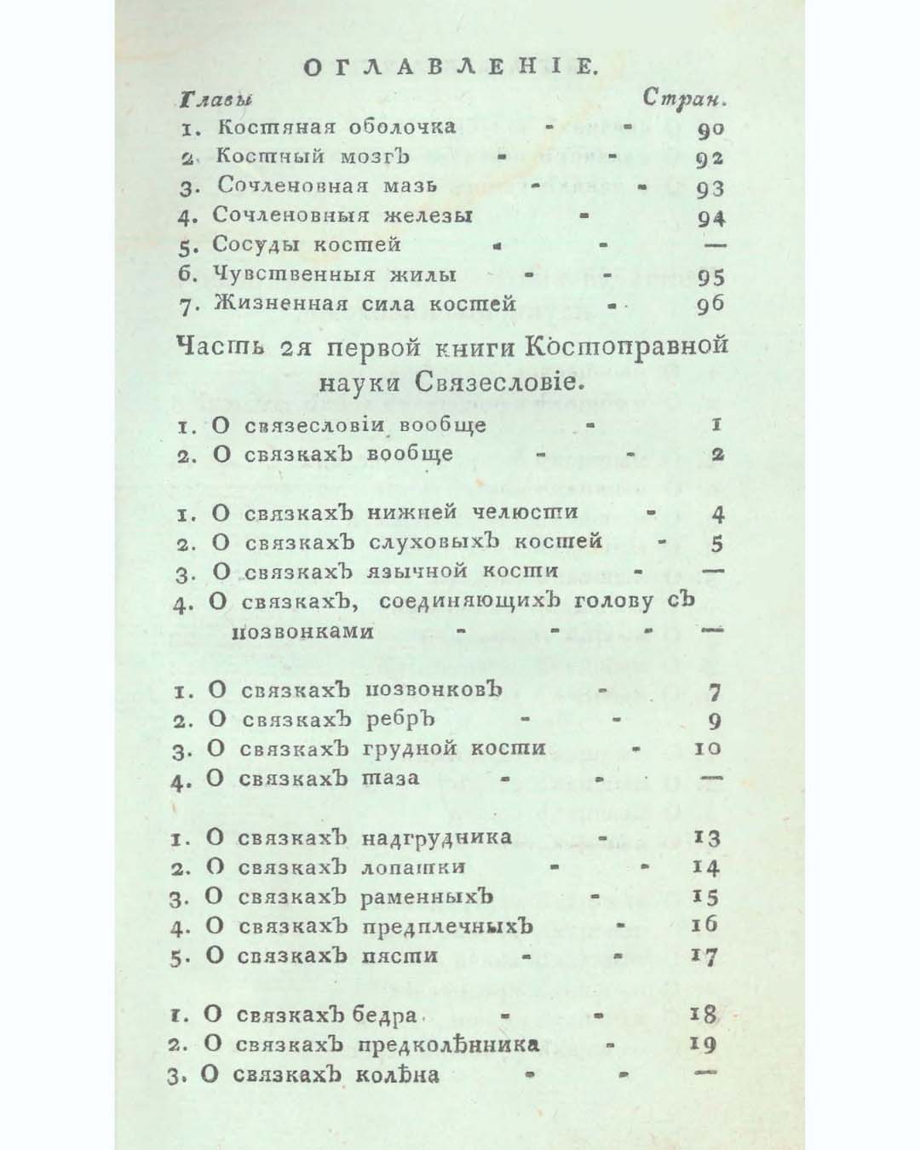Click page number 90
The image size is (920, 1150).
[x=710, y=129]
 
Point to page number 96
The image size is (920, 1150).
[x=710, y=306]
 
